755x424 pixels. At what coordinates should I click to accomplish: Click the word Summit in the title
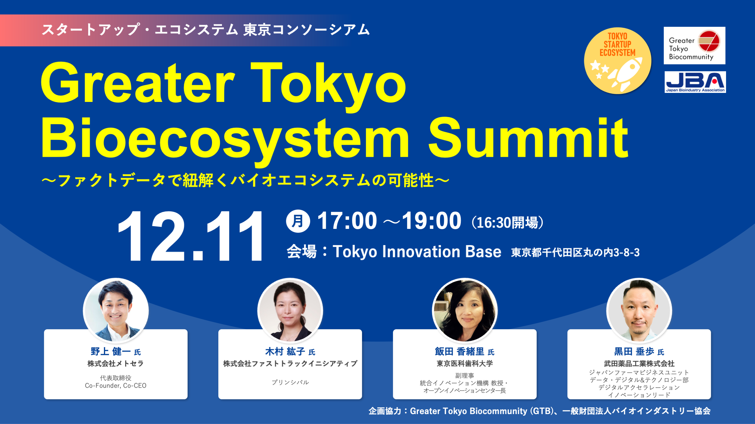528,139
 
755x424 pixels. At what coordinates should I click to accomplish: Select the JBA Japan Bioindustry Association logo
695,82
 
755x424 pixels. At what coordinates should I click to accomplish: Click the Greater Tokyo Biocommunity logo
694,46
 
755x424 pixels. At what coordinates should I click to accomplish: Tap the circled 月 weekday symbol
298,221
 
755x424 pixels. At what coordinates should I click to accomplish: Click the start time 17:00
347,221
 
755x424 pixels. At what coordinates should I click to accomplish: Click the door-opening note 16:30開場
507,223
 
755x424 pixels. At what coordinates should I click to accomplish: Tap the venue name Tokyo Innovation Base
417,252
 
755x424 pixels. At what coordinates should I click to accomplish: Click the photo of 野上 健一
116,311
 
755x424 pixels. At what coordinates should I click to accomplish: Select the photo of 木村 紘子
290,311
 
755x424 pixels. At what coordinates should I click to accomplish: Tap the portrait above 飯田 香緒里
465,311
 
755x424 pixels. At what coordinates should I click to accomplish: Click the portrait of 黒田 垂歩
639,311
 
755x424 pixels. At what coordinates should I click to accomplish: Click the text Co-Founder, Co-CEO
116,386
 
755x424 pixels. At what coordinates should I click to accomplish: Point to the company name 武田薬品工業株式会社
639,364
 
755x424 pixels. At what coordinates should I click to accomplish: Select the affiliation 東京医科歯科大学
464,364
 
